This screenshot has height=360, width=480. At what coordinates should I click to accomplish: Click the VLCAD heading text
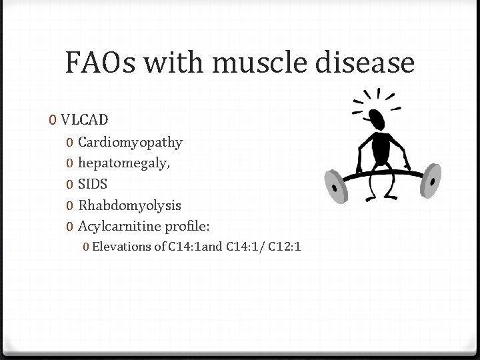85,120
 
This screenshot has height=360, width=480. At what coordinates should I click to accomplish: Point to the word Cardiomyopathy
130,142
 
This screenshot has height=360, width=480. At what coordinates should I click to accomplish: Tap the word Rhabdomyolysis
129,205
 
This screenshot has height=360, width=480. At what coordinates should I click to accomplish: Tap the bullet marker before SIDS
70,183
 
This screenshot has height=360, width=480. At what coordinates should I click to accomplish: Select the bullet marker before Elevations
87,247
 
